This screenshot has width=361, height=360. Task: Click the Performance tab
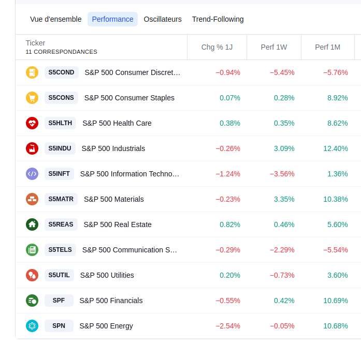click(112, 19)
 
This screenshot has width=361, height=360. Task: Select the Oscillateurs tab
click(163, 19)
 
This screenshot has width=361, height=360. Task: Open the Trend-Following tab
click(218, 19)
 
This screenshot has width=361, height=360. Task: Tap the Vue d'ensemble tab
click(56, 19)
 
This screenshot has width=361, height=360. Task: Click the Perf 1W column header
click(274, 47)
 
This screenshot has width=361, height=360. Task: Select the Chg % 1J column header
click(217, 47)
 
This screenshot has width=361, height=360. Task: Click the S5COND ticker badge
click(61, 72)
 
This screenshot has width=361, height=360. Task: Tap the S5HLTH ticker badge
click(60, 123)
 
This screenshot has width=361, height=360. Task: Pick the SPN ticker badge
click(59, 326)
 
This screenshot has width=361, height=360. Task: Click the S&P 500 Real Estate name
click(118, 224)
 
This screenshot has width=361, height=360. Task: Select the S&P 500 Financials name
click(111, 301)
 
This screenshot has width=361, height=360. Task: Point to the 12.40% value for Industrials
click(336, 148)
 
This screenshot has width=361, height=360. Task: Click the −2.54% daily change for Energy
click(228, 326)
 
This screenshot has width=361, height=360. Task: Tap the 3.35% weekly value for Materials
click(284, 199)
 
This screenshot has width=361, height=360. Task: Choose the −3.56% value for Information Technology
click(282, 174)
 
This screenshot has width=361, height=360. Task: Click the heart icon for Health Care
click(32, 123)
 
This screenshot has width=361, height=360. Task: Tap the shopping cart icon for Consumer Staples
click(32, 98)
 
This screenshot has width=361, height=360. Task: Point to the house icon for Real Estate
click(32, 224)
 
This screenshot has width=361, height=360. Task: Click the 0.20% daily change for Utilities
click(230, 275)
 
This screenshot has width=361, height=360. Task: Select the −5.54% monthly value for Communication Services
click(336, 250)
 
